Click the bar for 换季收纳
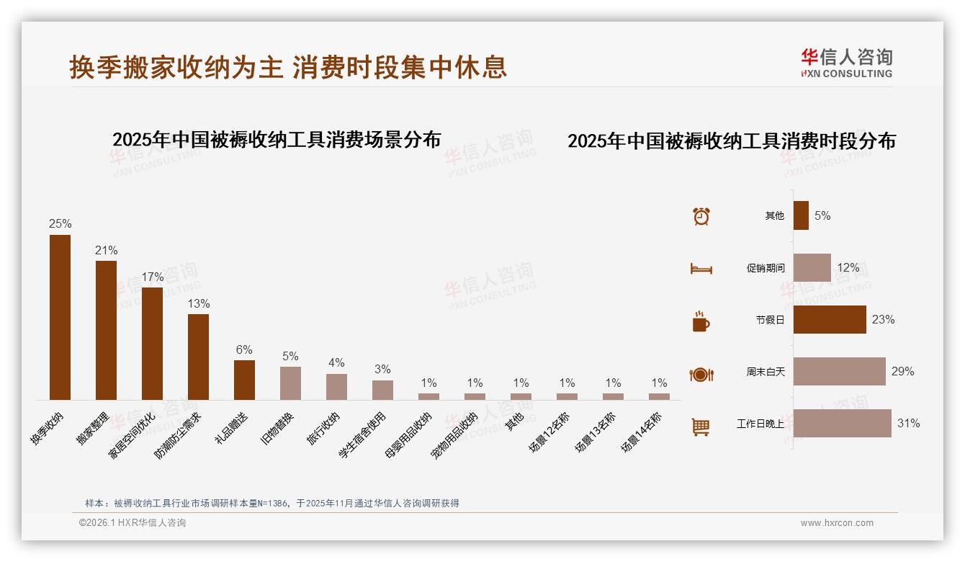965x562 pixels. [60, 317]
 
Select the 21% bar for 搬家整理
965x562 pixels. [106, 330]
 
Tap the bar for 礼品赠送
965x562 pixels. [244, 380]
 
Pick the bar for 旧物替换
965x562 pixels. [290, 383]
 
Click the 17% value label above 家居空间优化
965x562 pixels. [152, 277]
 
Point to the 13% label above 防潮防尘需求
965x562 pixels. [198, 304]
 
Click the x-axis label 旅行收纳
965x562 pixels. [323, 429]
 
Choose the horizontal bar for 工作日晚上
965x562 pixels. [842, 423]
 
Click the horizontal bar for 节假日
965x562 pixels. [830, 319]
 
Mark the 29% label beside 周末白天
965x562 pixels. [902, 372]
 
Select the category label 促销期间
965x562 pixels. [765, 268]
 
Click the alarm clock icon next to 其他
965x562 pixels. [701, 216]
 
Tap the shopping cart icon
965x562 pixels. [701, 427]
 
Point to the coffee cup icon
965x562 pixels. [701, 321]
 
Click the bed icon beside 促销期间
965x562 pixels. [701, 269]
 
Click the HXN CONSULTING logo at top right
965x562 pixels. [846, 63]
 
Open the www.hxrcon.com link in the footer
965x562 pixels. [837, 523]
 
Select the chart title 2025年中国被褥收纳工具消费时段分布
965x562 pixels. [731, 141]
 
